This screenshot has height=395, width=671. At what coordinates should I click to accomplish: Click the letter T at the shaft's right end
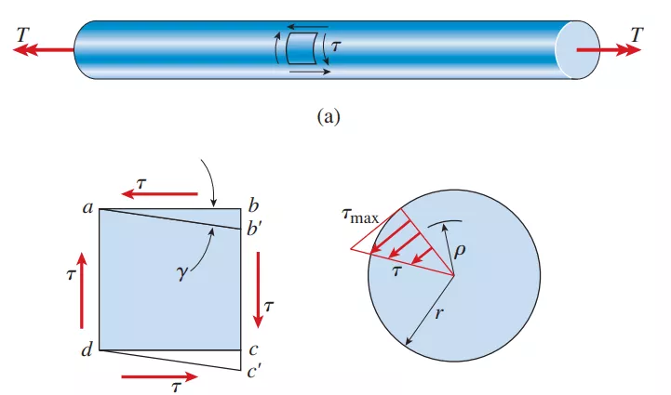(x=637, y=34)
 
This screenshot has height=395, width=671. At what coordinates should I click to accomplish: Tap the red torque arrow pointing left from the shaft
(x=43, y=50)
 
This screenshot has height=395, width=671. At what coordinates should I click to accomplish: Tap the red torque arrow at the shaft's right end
(x=609, y=50)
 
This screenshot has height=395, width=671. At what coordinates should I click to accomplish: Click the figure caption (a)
(x=332, y=117)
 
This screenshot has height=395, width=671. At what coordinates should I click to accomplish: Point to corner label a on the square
(x=86, y=208)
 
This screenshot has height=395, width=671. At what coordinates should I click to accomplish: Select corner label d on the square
(x=86, y=350)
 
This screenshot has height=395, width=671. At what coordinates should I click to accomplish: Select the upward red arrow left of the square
(x=82, y=288)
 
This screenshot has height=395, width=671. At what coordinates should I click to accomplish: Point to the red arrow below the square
(x=158, y=377)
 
